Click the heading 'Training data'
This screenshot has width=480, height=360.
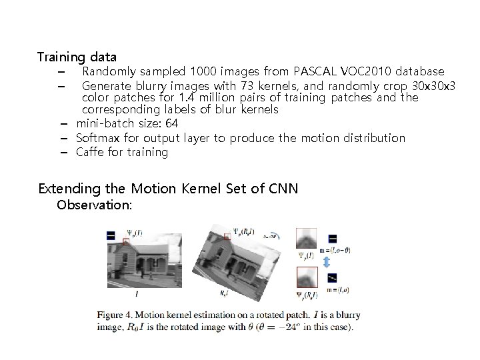click(x=77, y=57)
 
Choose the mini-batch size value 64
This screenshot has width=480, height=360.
click(x=171, y=123)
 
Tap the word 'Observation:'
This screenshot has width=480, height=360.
click(x=95, y=205)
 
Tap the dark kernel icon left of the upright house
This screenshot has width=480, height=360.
click(x=111, y=234)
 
